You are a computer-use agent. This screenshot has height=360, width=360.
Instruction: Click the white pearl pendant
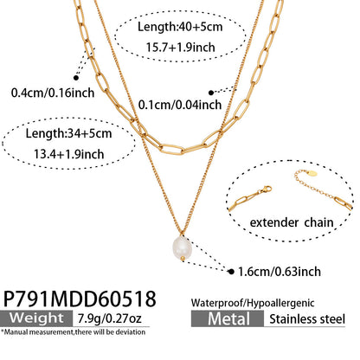[181, 248]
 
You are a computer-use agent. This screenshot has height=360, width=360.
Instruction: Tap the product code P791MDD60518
[80, 299]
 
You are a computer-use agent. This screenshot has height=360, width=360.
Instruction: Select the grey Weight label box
[36, 318]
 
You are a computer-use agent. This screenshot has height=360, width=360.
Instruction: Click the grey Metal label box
[228, 318]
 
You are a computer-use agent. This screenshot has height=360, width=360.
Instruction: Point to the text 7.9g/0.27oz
[110, 318]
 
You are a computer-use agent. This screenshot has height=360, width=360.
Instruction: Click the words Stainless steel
[307, 319]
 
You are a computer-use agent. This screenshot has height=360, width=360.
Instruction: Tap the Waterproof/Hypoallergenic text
[253, 303]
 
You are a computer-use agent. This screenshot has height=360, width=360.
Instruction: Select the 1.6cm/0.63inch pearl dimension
[280, 272]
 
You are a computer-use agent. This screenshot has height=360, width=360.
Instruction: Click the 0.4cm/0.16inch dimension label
[53, 93]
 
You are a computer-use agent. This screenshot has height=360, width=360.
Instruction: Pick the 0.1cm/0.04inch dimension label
[180, 105]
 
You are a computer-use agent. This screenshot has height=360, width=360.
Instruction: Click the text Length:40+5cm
[180, 27]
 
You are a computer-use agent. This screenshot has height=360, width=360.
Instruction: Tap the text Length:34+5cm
[68, 133]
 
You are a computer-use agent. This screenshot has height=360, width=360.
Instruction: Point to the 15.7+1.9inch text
[181, 48]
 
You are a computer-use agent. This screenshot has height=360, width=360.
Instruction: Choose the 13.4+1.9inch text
[69, 154]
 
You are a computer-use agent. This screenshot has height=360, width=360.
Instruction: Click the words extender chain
[292, 222]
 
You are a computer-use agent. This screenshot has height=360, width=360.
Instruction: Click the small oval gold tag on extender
[312, 173]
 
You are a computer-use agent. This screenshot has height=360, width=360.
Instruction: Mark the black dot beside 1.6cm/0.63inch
[231, 272]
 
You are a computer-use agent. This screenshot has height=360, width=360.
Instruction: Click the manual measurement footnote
[73, 332]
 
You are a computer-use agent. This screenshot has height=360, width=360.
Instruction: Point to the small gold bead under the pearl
[183, 258]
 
